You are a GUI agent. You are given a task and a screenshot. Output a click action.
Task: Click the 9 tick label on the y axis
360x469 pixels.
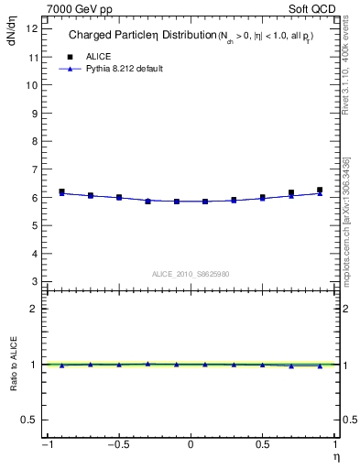point(36,113)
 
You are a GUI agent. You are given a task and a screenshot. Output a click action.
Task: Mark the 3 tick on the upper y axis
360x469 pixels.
point(36,281)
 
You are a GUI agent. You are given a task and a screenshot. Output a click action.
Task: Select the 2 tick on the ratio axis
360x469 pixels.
point(36,309)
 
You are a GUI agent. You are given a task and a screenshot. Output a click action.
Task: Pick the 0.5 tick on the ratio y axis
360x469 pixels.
point(31,420)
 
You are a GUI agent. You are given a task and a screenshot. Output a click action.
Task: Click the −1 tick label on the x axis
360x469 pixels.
point(46,445)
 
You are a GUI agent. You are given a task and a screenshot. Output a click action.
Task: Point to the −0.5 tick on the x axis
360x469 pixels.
point(117,445)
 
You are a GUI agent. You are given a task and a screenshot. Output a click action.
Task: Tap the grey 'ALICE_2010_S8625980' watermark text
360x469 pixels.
point(190,274)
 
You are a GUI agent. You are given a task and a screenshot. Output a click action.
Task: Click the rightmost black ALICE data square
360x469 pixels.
point(320,191)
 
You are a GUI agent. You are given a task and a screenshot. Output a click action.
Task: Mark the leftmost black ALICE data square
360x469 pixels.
point(61,191)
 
